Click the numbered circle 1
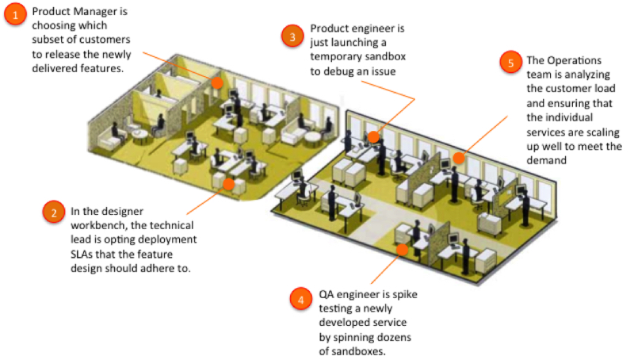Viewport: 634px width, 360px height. click(x=14, y=14)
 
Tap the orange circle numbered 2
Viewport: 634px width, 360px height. click(x=54, y=212)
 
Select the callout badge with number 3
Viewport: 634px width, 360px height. click(x=293, y=36)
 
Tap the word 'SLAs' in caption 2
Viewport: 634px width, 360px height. click(x=85, y=254)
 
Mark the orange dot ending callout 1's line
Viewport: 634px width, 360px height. click(x=216, y=81)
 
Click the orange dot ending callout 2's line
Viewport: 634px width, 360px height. click(x=229, y=184)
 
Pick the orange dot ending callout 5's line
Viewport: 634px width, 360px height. click(x=457, y=159)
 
